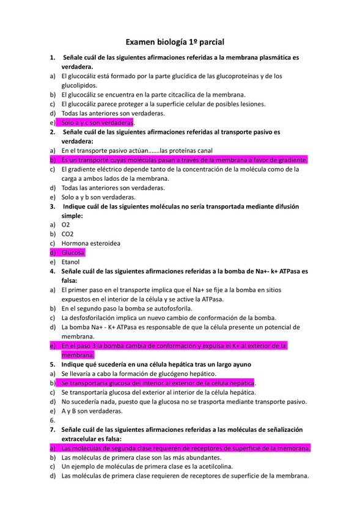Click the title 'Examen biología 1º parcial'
[175, 42]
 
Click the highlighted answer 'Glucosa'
[73, 252]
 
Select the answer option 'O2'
[66, 225]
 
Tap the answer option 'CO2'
[68, 234]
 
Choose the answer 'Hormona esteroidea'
[90, 243]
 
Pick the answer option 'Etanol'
[71, 261]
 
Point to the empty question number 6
[52, 420]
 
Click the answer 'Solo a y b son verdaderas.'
[98, 197]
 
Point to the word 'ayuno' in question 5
[233, 364]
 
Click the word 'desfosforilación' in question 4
[95, 318]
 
